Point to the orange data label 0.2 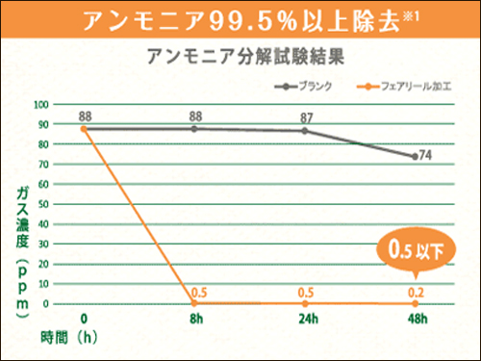(x=416, y=292)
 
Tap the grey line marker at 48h (x=415, y=156)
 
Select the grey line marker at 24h (x=305, y=130)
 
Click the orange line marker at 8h (x=194, y=303)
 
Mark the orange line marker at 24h (x=305, y=303)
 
